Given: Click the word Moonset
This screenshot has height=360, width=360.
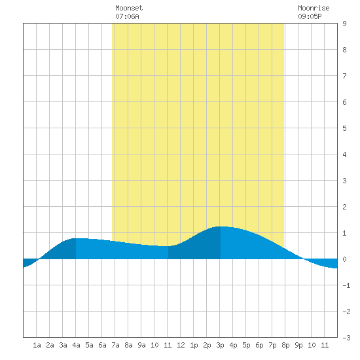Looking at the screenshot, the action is pos(129,8).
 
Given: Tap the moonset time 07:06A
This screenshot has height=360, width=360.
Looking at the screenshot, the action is pos(127,16).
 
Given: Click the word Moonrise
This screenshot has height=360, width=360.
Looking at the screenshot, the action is pos(314,8).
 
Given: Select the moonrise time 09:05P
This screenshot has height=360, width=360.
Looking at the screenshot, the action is pos(310,16).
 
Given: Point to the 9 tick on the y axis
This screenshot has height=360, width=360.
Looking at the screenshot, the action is pos(344,24).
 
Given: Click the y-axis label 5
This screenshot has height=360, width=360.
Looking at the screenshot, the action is pos(344,128).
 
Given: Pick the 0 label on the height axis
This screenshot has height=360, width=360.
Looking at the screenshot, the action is pos(344,259).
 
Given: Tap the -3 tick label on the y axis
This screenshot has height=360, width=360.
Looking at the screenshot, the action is pos(346,338).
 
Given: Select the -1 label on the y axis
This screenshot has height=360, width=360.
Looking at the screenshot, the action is pos(346,285).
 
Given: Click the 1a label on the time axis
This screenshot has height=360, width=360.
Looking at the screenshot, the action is pos(37,345).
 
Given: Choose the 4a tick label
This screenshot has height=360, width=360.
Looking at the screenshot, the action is pos(76,345).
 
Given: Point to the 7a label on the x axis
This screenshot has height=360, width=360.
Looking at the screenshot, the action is pos(115,345).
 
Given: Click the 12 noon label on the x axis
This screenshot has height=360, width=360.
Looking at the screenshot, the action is pos(181,345).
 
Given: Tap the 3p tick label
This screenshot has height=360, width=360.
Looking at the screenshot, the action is pos(220,345).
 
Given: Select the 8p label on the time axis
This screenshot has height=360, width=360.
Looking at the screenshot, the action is pos(285,345).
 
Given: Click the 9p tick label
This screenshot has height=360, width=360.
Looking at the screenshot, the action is pos(298,345).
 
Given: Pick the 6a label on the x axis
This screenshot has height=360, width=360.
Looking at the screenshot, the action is pos(102,345).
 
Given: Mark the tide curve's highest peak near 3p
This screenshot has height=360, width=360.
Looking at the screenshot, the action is pos(221,226).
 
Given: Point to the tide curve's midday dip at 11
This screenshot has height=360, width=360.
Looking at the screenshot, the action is pos(166,246).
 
